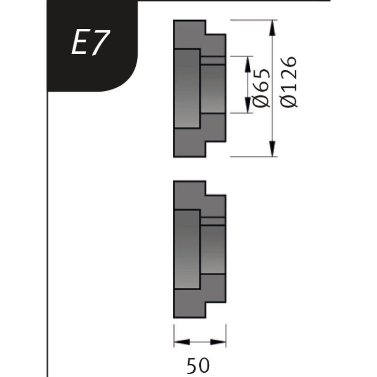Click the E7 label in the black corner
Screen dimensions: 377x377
tap(90, 43)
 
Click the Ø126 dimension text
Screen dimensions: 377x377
tap(288, 82)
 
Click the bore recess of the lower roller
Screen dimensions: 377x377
tap(188, 249)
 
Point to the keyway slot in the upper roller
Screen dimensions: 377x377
tap(213, 60)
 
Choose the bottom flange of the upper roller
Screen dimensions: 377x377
tap(189, 143)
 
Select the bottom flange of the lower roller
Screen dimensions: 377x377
tap(189, 304)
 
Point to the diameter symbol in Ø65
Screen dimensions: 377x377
tap(262, 100)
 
